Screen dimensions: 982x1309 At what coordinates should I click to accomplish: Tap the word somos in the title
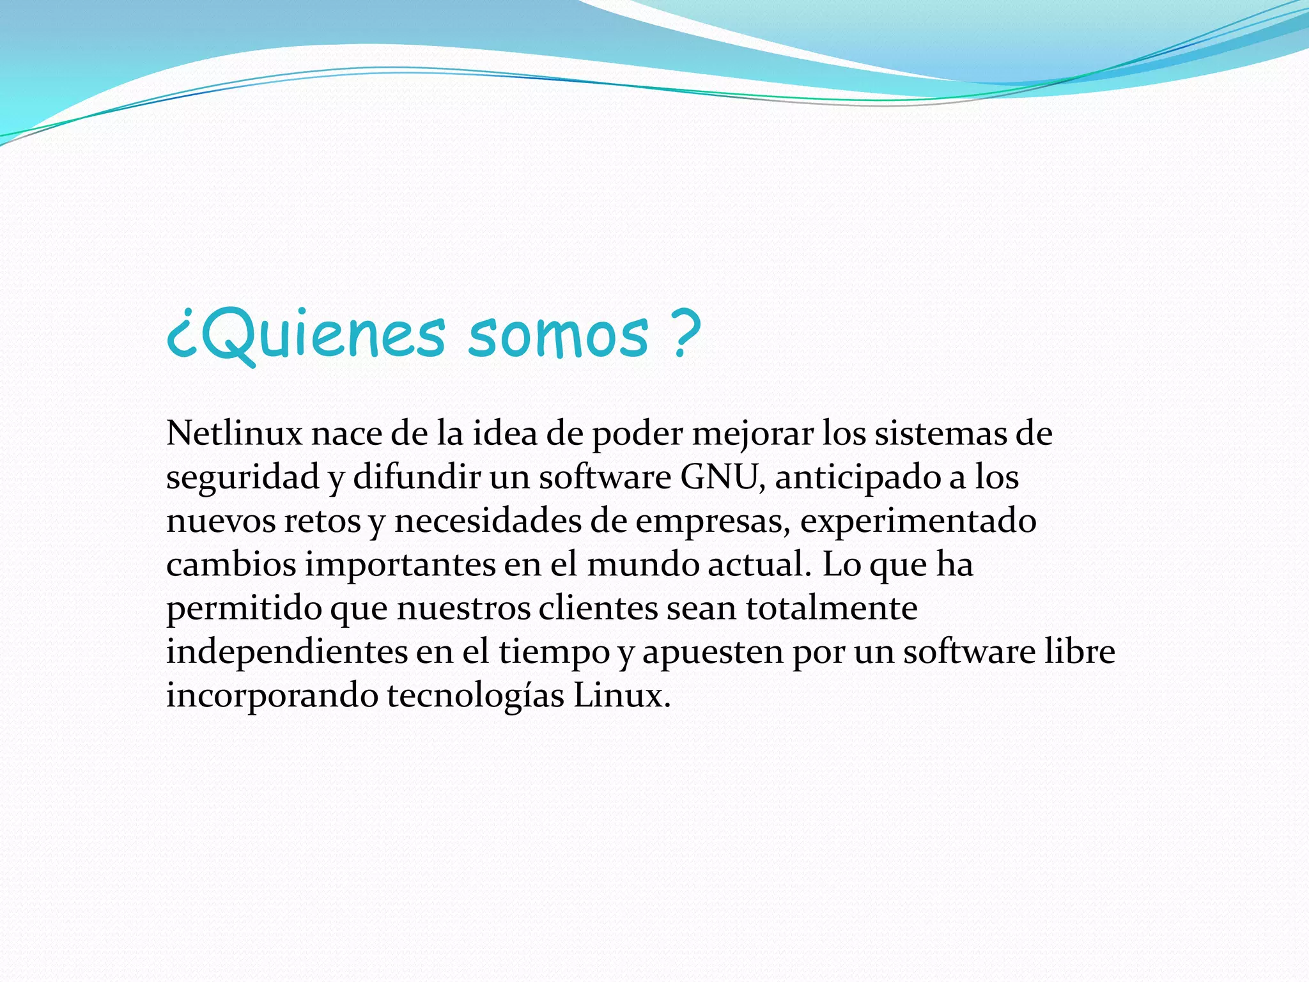pyautogui.click(x=558, y=335)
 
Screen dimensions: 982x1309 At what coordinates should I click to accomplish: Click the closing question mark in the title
pyautogui.click(x=686, y=332)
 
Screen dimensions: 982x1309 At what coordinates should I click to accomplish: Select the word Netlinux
pyautogui.click(x=234, y=434)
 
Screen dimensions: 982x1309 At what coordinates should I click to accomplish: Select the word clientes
pyautogui.click(x=598, y=608)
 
